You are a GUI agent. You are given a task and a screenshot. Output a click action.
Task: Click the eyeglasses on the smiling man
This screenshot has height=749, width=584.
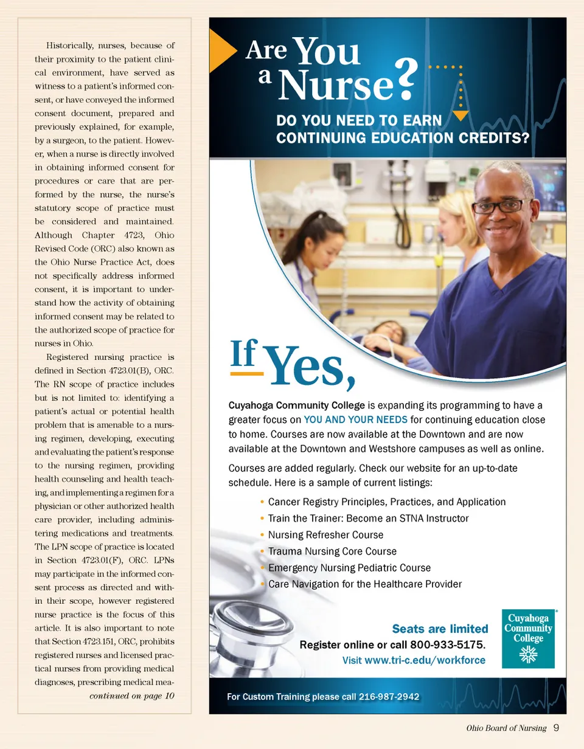point(502,206)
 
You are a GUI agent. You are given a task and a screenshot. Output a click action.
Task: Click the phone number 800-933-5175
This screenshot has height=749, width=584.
point(448,644)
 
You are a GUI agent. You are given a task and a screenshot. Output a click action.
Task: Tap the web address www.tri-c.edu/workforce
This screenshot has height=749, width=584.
point(424,660)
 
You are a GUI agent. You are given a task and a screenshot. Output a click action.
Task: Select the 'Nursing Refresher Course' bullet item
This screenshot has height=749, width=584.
point(325,535)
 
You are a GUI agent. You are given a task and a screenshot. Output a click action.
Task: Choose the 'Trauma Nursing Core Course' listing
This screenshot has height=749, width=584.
point(332,551)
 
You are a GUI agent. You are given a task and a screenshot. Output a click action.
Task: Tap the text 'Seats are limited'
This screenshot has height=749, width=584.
point(440,629)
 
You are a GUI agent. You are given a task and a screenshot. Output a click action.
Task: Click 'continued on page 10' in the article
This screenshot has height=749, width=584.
point(132,696)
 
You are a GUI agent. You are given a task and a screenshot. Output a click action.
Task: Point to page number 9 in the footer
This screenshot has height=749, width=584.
point(557,728)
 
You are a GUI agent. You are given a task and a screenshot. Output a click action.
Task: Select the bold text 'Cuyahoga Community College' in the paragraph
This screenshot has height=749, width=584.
point(297,406)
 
